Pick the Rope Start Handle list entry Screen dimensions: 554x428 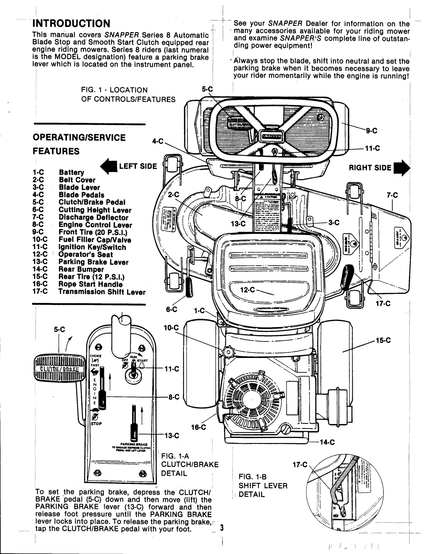click(x=90, y=284)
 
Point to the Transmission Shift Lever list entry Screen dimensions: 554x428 click(x=102, y=292)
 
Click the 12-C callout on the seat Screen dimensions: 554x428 click(x=248, y=290)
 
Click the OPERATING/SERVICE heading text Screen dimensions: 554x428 click(x=80, y=137)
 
